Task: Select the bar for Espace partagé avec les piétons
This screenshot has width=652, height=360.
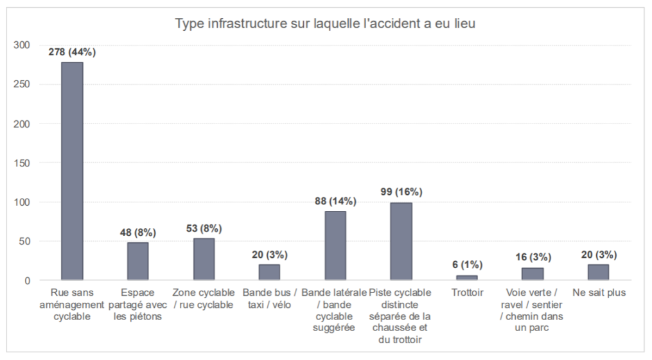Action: coord(137,261)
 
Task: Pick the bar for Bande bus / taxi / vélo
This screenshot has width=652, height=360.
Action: coord(269,273)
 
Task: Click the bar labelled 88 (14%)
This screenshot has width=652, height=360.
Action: coord(335,246)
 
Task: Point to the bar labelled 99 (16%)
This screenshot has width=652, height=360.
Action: coord(401,241)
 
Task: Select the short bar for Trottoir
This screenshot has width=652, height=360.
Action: coord(467,278)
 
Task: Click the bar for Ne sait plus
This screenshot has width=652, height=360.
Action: coord(598,273)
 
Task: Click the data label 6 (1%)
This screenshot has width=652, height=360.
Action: coord(467,265)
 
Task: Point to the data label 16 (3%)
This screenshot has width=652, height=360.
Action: coord(533,257)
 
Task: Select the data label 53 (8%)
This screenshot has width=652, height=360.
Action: coord(204,228)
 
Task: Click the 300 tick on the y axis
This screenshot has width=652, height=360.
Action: coord(22,45)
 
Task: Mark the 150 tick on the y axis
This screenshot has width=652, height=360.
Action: coord(22,163)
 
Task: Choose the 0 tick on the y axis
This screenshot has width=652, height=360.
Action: coord(27,281)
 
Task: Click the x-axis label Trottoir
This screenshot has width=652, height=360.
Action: coord(467,293)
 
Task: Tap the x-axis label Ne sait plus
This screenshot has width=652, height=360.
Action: coord(598,293)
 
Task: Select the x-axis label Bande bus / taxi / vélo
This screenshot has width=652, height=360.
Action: coord(269,299)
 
